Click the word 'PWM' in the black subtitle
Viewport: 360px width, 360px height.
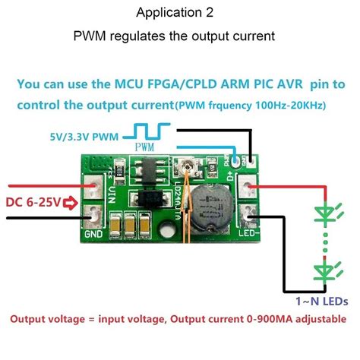point(90,36)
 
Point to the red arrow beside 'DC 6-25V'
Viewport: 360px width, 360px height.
point(73,203)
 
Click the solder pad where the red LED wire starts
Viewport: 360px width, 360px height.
point(248,186)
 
